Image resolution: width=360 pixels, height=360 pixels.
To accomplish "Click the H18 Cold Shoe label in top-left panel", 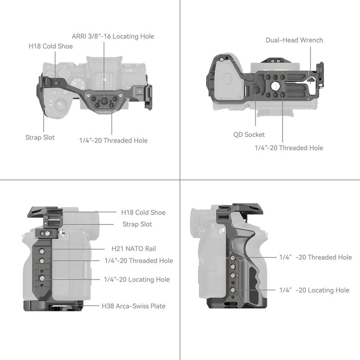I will pyautogui.click(x=50, y=46).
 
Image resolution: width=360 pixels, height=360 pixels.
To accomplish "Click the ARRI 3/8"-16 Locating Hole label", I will pyautogui.click(x=112, y=36).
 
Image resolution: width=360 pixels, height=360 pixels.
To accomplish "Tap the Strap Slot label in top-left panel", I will pyautogui.click(x=40, y=137).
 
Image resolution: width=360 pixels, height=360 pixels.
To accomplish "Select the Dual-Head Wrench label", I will pyautogui.click(x=294, y=40).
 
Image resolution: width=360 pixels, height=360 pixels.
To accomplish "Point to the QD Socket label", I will pyautogui.click(x=249, y=134).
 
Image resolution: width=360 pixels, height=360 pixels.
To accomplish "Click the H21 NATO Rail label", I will pyautogui.click(x=134, y=248).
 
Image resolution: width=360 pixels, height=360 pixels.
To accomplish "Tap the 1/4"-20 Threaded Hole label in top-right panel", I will pyautogui.click(x=288, y=148).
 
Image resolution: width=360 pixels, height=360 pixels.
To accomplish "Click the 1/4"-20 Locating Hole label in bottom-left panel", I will pyautogui.click(x=137, y=279).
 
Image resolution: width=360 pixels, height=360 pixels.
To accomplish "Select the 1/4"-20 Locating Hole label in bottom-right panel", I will pyautogui.click(x=314, y=290).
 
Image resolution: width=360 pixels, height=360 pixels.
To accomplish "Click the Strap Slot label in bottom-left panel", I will pyautogui.click(x=137, y=224).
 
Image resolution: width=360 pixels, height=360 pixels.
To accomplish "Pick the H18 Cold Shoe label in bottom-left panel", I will pyautogui.click(x=143, y=212).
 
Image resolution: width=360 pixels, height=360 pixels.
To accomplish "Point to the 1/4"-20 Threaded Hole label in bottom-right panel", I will pyautogui.click(x=315, y=257).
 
